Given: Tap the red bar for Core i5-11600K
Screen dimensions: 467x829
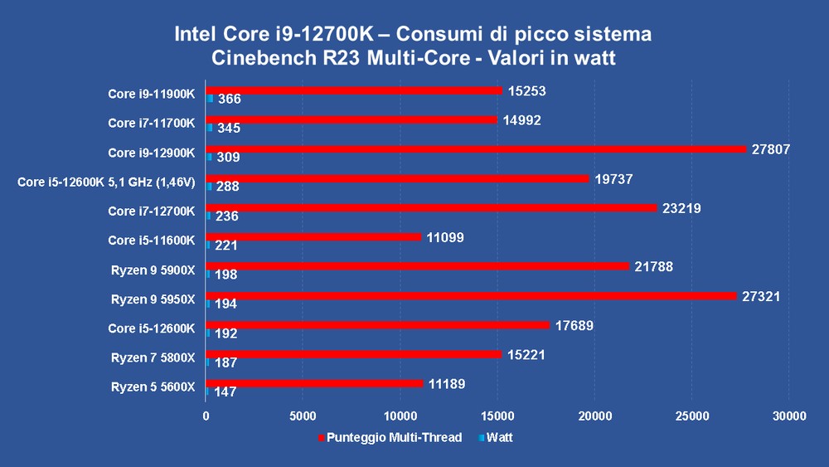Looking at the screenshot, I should pyautogui.click(x=314, y=237).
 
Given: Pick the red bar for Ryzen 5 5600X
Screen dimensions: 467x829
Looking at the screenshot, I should pyautogui.click(x=315, y=383).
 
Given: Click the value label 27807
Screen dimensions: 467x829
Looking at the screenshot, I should pyautogui.click(x=771, y=150).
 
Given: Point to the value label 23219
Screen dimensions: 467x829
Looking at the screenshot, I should pyautogui.click(x=681, y=209).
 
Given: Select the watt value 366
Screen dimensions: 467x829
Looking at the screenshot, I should pyautogui.click(x=229, y=100).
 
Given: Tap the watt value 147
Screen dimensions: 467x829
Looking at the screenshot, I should pyautogui.click(x=225, y=392).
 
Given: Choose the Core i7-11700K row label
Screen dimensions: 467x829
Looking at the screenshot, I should pyautogui.click(x=151, y=124).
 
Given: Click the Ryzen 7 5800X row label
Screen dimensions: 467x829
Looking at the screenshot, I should pyautogui.click(x=153, y=358).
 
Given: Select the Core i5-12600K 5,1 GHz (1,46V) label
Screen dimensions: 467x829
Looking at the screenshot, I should pyautogui.click(x=106, y=182).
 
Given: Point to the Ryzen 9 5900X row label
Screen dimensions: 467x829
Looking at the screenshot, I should pyautogui.click(x=153, y=270).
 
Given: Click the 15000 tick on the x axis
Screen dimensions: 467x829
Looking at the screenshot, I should pyautogui.click(x=497, y=416).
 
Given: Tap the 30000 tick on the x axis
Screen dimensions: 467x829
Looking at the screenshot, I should pyautogui.click(x=788, y=416).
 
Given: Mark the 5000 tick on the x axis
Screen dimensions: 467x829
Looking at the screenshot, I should pyautogui.click(x=303, y=416).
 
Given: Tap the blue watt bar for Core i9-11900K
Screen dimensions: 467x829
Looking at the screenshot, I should pyautogui.click(x=210, y=99).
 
